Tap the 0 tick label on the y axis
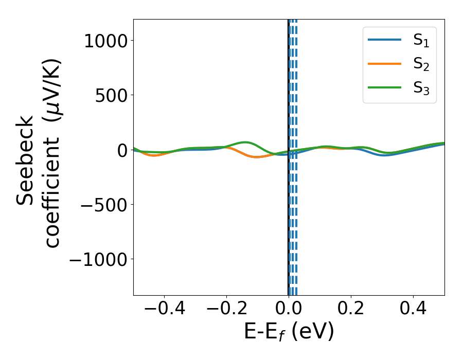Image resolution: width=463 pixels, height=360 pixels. pos(121,150)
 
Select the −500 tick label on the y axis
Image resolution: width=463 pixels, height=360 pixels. pos(101,204)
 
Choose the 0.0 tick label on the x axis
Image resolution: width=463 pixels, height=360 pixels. pos(289,311)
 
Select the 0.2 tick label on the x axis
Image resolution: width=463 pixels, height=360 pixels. pos(351,311)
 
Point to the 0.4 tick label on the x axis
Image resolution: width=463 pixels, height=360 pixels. pos(413,311)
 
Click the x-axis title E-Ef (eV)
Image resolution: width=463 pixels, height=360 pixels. pos(289,332)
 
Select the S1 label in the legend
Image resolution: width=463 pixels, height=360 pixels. pos(421,41)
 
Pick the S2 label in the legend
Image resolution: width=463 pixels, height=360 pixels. pos(421,64)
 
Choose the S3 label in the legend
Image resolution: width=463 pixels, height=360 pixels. pos(421,88)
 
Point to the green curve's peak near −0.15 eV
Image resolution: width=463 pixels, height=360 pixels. pos(245,142)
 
